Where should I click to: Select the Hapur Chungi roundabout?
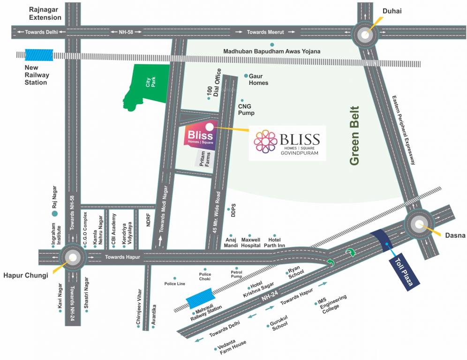coord(72,257)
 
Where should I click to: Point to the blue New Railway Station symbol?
coord(36,54)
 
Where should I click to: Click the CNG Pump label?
coord(246,110)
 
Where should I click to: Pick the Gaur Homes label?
coord(258,79)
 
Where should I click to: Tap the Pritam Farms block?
coord(205,160)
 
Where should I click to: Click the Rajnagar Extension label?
coord(45,13)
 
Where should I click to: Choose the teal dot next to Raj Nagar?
coord(54,213)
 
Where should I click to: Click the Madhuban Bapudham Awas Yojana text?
coord(271,51)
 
